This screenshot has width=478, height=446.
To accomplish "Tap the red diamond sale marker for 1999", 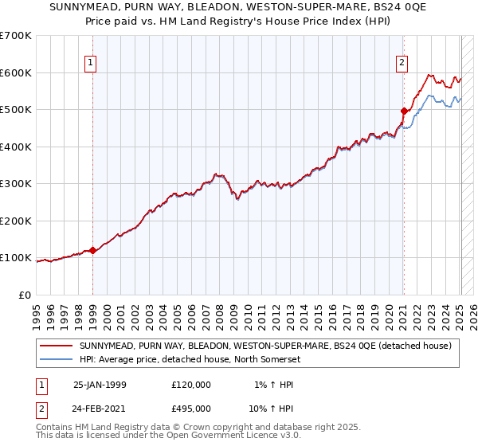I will [92, 250].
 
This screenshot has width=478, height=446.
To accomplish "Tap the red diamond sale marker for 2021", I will [404, 111].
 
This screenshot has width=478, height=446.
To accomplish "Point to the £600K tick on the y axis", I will [18, 72].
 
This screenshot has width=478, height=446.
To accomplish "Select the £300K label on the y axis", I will [18, 183].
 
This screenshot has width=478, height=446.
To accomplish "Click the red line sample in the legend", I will [56, 346].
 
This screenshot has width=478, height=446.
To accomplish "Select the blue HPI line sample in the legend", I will [56, 358].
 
